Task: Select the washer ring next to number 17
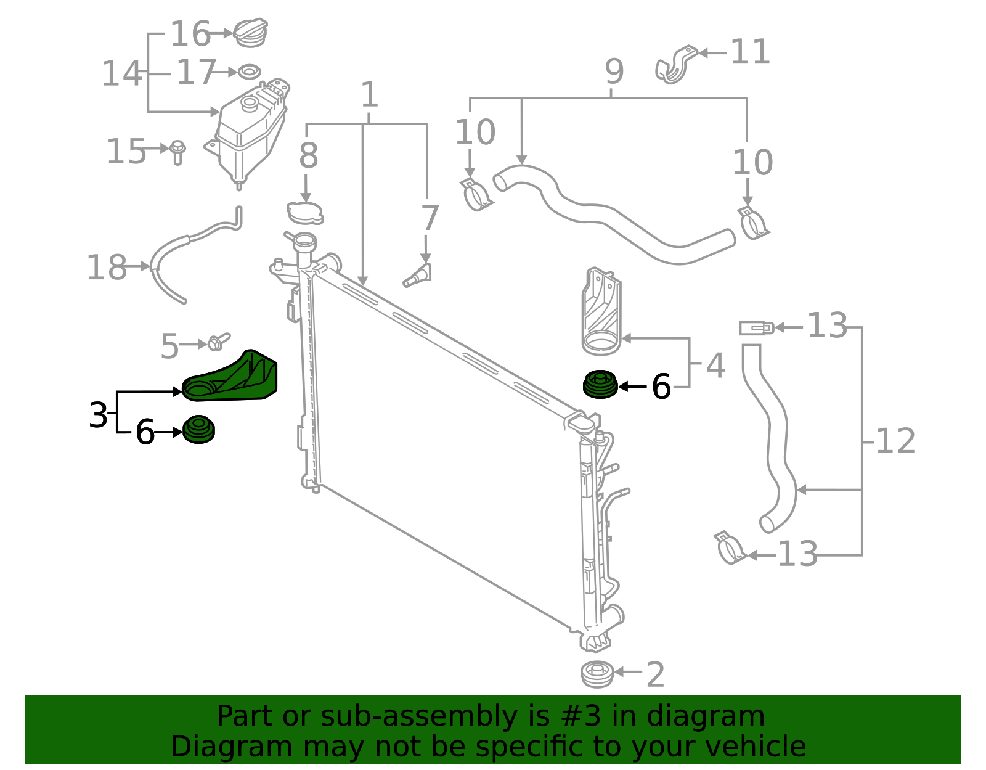click(248, 72)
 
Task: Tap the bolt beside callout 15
click(177, 152)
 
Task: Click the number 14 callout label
click(121, 73)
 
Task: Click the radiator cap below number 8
click(305, 213)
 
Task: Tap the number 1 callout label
click(369, 96)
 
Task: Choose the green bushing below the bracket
click(199, 430)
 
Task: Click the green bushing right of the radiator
click(600, 385)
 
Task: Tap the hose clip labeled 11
click(675, 65)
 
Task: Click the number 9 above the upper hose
click(614, 72)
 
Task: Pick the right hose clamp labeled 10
click(752, 223)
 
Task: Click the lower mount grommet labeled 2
click(597, 674)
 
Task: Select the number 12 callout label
click(895, 441)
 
